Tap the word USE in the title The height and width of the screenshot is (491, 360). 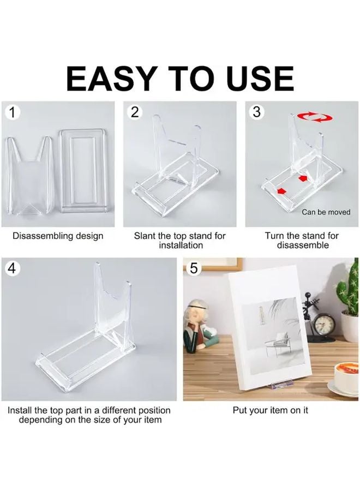click(259, 79)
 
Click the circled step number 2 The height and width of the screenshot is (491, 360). click(135, 112)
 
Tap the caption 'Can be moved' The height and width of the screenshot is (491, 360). click(326, 212)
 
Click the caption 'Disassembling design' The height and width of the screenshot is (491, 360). click(58, 236)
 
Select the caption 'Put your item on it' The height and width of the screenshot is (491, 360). click(271, 410)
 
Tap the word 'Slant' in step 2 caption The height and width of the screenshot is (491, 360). click(145, 236)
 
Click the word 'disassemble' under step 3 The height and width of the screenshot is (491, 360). click(303, 245)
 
